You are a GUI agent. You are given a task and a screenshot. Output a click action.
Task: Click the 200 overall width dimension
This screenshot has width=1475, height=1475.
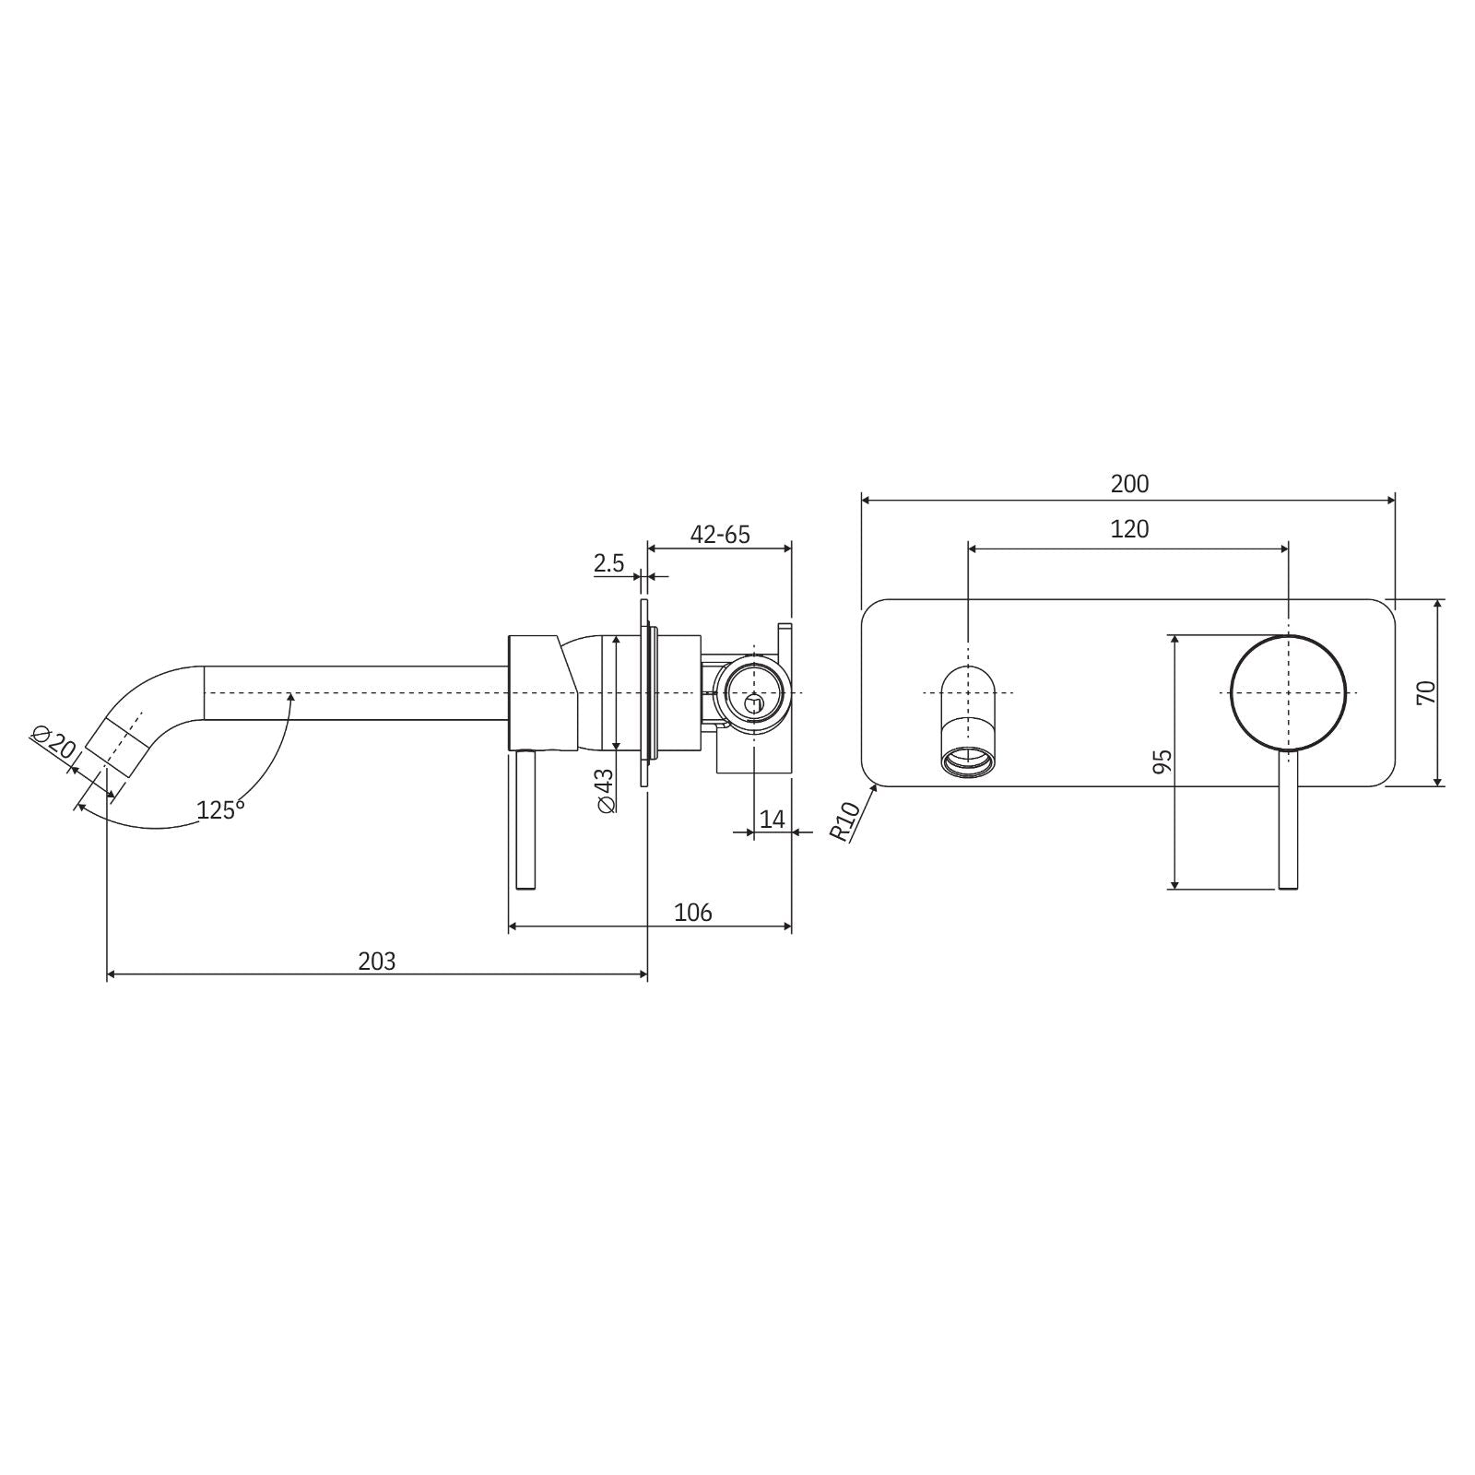pyautogui.click(x=1129, y=483)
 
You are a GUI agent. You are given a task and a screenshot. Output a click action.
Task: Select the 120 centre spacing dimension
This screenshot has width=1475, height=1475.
pyautogui.click(x=1129, y=529)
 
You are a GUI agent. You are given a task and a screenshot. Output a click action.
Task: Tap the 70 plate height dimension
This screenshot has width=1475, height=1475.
pyautogui.click(x=1426, y=691)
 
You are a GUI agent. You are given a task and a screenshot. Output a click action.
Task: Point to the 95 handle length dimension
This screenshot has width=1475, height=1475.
pyautogui.click(x=1162, y=761)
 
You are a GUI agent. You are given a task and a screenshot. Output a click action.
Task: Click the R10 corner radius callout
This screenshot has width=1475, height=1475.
pyautogui.click(x=845, y=820)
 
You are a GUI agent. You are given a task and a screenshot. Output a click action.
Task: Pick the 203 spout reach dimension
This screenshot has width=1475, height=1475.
pyautogui.click(x=376, y=962)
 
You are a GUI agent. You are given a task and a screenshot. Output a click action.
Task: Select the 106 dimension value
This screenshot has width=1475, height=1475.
pyautogui.click(x=692, y=913)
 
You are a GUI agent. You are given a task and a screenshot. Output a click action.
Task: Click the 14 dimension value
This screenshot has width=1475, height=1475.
pyautogui.click(x=773, y=819)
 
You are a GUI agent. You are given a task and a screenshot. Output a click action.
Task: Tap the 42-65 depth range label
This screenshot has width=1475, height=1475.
pyautogui.click(x=720, y=535)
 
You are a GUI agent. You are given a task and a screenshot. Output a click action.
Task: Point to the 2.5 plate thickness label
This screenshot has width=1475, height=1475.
pyautogui.click(x=608, y=562)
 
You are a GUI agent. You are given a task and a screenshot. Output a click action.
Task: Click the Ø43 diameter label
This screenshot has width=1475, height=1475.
pyautogui.click(x=605, y=791)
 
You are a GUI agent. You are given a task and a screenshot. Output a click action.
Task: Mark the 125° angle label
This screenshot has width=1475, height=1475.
pyautogui.click(x=220, y=810)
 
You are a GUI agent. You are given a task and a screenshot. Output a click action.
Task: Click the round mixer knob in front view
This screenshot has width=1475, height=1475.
pyautogui.click(x=1288, y=691)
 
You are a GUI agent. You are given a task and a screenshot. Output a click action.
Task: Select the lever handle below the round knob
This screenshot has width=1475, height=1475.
pyautogui.click(x=1288, y=820)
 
